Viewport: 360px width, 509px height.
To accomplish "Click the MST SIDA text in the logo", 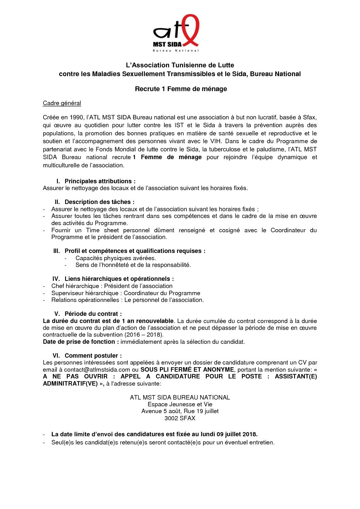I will click(x=167, y=44).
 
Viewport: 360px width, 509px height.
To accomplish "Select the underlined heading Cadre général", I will click(x=62, y=103).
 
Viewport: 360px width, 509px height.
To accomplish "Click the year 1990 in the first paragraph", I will click(x=77, y=117).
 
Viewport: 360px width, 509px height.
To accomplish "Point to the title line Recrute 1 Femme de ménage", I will click(x=181, y=89).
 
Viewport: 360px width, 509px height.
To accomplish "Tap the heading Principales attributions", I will click(x=100, y=181).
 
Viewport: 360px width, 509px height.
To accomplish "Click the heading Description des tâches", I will click(x=99, y=202).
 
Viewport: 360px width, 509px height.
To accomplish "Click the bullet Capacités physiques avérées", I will click(x=116, y=258).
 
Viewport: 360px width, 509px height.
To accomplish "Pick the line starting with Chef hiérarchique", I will click(x=112, y=286).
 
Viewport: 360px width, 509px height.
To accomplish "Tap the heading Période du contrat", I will click(x=93, y=314).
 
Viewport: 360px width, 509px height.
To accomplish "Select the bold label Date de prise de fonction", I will click(x=81, y=342).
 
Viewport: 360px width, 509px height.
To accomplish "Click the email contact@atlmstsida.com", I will click(x=97, y=370).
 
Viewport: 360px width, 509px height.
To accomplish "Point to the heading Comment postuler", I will click(x=93, y=356).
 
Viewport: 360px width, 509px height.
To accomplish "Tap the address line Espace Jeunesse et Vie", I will click(x=180, y=404).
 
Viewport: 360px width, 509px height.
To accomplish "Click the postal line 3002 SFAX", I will click(x=180, y=418).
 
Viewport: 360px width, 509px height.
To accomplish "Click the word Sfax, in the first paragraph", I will click(x=310, y=117).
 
